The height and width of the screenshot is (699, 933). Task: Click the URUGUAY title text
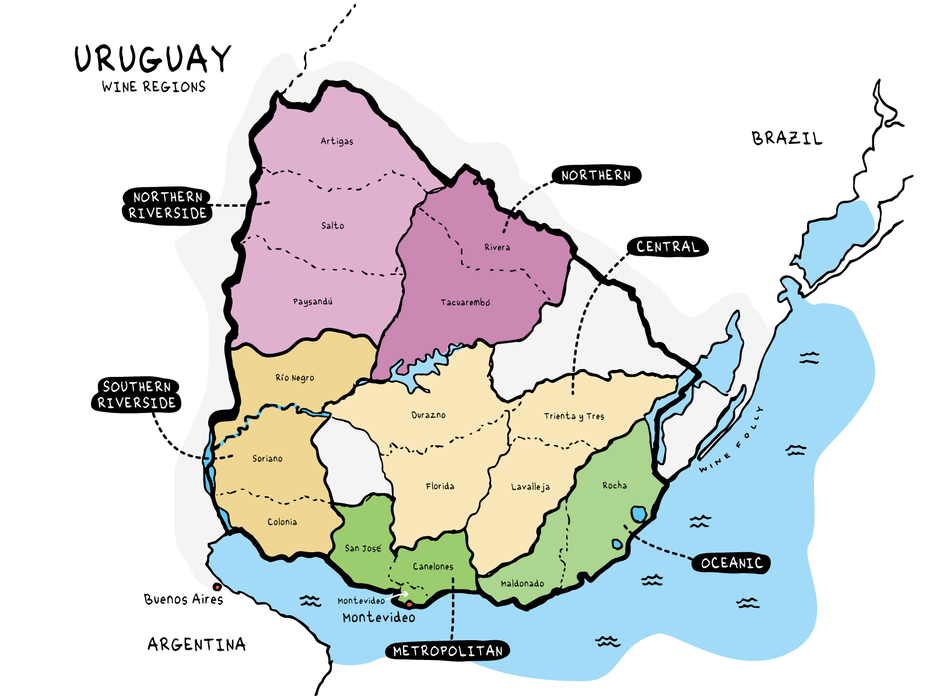(153, 59)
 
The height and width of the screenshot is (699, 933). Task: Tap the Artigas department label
(336, 141)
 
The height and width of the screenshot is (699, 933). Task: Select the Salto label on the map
(332, 225)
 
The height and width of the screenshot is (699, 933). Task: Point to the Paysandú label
(313, 302)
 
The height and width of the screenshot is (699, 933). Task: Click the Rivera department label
(497, 247)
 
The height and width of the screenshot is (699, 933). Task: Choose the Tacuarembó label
(465, 302)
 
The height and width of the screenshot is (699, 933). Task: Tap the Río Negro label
(294, 377)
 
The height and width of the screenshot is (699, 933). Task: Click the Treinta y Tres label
(574, 416)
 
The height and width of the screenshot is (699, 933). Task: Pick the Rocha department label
(615, 485)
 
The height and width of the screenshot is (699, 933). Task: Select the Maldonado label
(522, 583)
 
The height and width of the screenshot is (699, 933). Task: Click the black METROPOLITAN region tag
(447, 651)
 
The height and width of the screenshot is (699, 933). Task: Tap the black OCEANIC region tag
(731, 563)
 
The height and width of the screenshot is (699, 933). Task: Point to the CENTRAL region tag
(668, 247)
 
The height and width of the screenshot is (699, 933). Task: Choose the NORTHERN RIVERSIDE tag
(167, 205)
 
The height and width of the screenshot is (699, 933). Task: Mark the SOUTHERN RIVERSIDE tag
(136, 395)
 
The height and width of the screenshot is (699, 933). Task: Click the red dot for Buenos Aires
(217, 587)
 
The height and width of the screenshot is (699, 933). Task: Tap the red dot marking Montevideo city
(409, 605)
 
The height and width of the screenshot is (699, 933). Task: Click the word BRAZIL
(787, 139)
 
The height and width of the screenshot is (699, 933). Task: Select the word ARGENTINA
(197, 644)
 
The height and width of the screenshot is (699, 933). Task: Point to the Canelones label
(433, 566)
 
